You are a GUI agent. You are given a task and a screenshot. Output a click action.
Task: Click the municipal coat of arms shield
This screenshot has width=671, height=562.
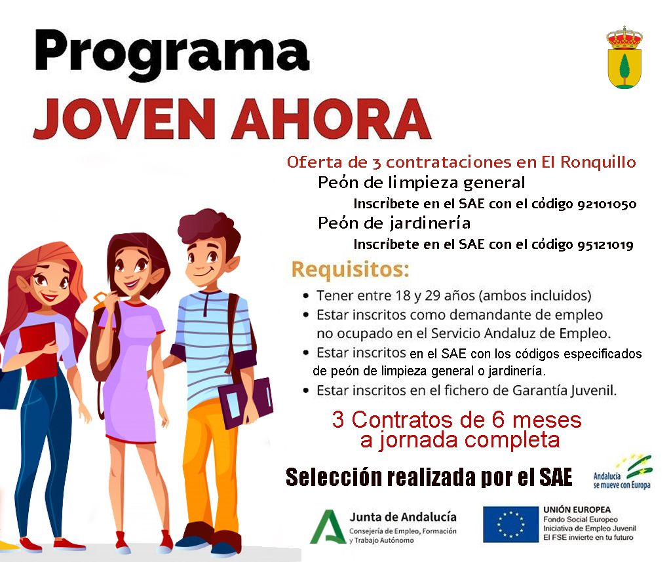click(x=624, y=58)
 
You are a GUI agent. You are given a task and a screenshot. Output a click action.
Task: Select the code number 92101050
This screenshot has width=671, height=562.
click(x=607, y=204)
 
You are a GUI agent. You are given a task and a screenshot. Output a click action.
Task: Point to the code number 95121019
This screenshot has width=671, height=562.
click(x=605, y=245)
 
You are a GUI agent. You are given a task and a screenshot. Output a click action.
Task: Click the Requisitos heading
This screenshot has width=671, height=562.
click(x=351, y=269)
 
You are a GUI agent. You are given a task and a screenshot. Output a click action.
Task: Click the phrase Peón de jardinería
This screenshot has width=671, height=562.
click(x=394, y=223)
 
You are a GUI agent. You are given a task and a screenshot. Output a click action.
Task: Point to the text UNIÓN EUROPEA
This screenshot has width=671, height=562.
click(x=577, y=510)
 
